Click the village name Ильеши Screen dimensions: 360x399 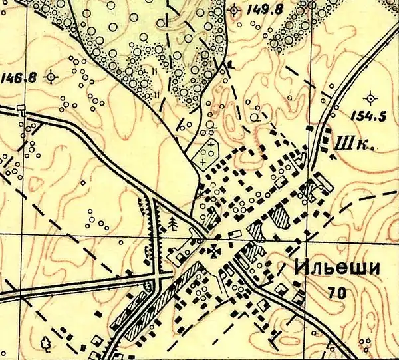coord(336,268)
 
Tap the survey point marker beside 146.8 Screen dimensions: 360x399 coord(51,77)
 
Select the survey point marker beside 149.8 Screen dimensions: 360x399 coord(233,10)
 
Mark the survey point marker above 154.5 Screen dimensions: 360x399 coord(370,95)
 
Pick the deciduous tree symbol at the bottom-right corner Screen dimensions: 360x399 coord(365,344)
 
